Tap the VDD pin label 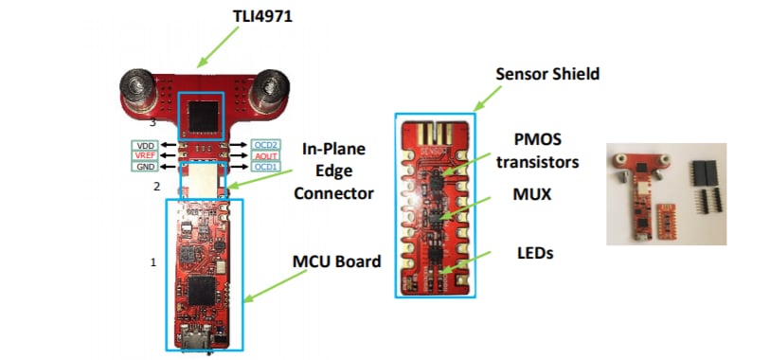click(145, 144)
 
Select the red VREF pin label click(145, 155)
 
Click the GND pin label click(145, 167)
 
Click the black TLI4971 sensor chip click(205, 115)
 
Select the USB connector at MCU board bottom click(200, 336)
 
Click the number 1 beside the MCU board click(152, 261)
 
